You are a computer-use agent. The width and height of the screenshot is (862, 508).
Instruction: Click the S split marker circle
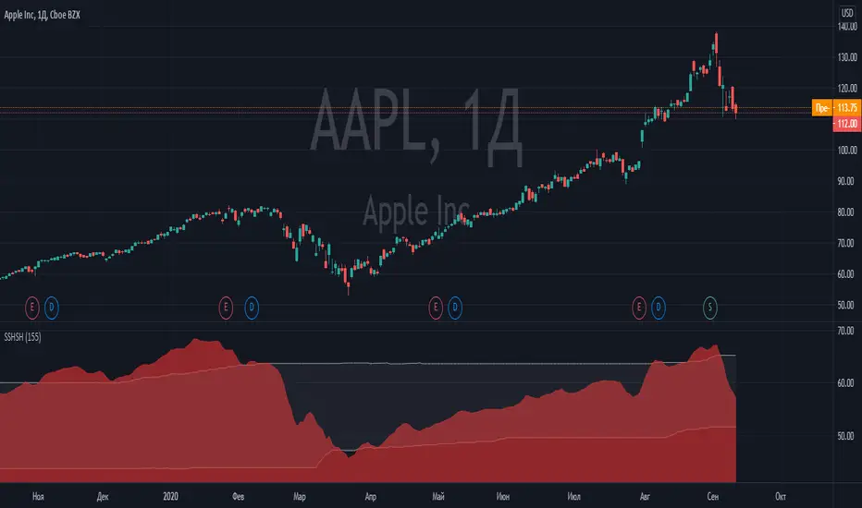click(x=710, y=304)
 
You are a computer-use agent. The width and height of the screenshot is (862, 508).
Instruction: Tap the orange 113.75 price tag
click(x=844, y=106)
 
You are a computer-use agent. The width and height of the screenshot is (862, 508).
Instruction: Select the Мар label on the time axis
click(x=299, y=494)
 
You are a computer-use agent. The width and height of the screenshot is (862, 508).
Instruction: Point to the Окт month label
click(x=782, y=494)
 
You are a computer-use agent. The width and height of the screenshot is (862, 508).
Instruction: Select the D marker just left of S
click(x=659, y=304)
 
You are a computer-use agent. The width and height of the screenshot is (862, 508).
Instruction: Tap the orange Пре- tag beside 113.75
click(x=820, y=106)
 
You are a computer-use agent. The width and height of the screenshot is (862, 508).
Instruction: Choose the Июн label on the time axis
click(x=507, y=494)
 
